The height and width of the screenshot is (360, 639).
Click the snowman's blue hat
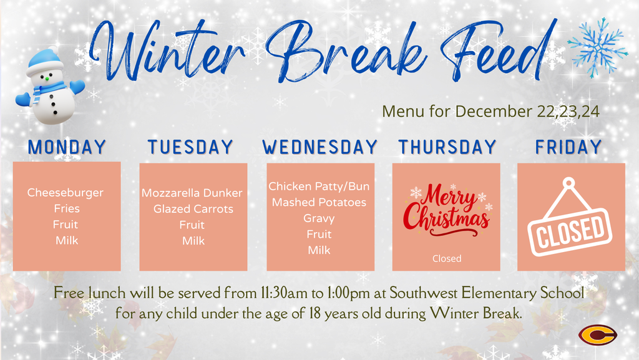[45, 61]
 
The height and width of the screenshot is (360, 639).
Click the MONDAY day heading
[67, 147]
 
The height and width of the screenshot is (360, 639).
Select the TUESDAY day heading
[190, 147]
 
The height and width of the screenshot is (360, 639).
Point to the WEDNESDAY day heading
[320, 147]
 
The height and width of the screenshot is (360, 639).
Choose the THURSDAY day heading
[447, 147]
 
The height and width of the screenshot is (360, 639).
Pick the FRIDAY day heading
[568, 147]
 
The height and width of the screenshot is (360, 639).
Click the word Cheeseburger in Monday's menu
[66, 193]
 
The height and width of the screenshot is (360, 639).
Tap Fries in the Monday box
[66, 208]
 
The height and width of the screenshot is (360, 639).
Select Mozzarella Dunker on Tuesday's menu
[192, 193]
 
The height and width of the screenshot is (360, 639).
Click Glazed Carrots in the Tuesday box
[193, 209]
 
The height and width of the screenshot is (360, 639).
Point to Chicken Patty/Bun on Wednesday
[319, 187]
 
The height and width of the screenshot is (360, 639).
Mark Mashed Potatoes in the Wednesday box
[319, 202]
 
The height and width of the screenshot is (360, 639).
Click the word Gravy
[319, 218]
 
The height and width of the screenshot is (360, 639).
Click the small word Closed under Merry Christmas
[447, 258]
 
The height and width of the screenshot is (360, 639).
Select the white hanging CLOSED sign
[568, 225]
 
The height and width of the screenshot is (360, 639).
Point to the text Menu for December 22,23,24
[490, 112]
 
